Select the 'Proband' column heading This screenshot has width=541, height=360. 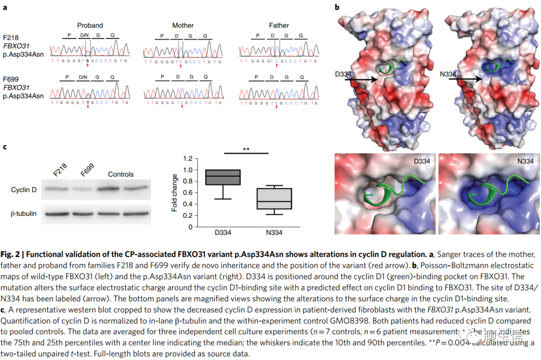click(x=90, y=25)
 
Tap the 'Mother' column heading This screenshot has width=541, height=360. click(x=183, y=25)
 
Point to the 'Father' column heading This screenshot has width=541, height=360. click(x=279, y=25)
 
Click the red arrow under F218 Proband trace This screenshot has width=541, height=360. click(x=88, y=66)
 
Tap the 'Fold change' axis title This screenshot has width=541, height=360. click(x=175, y=192)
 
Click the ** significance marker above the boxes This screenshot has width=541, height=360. click(x=246, y=149)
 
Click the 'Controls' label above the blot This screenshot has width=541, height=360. click(x=121, y=174)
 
